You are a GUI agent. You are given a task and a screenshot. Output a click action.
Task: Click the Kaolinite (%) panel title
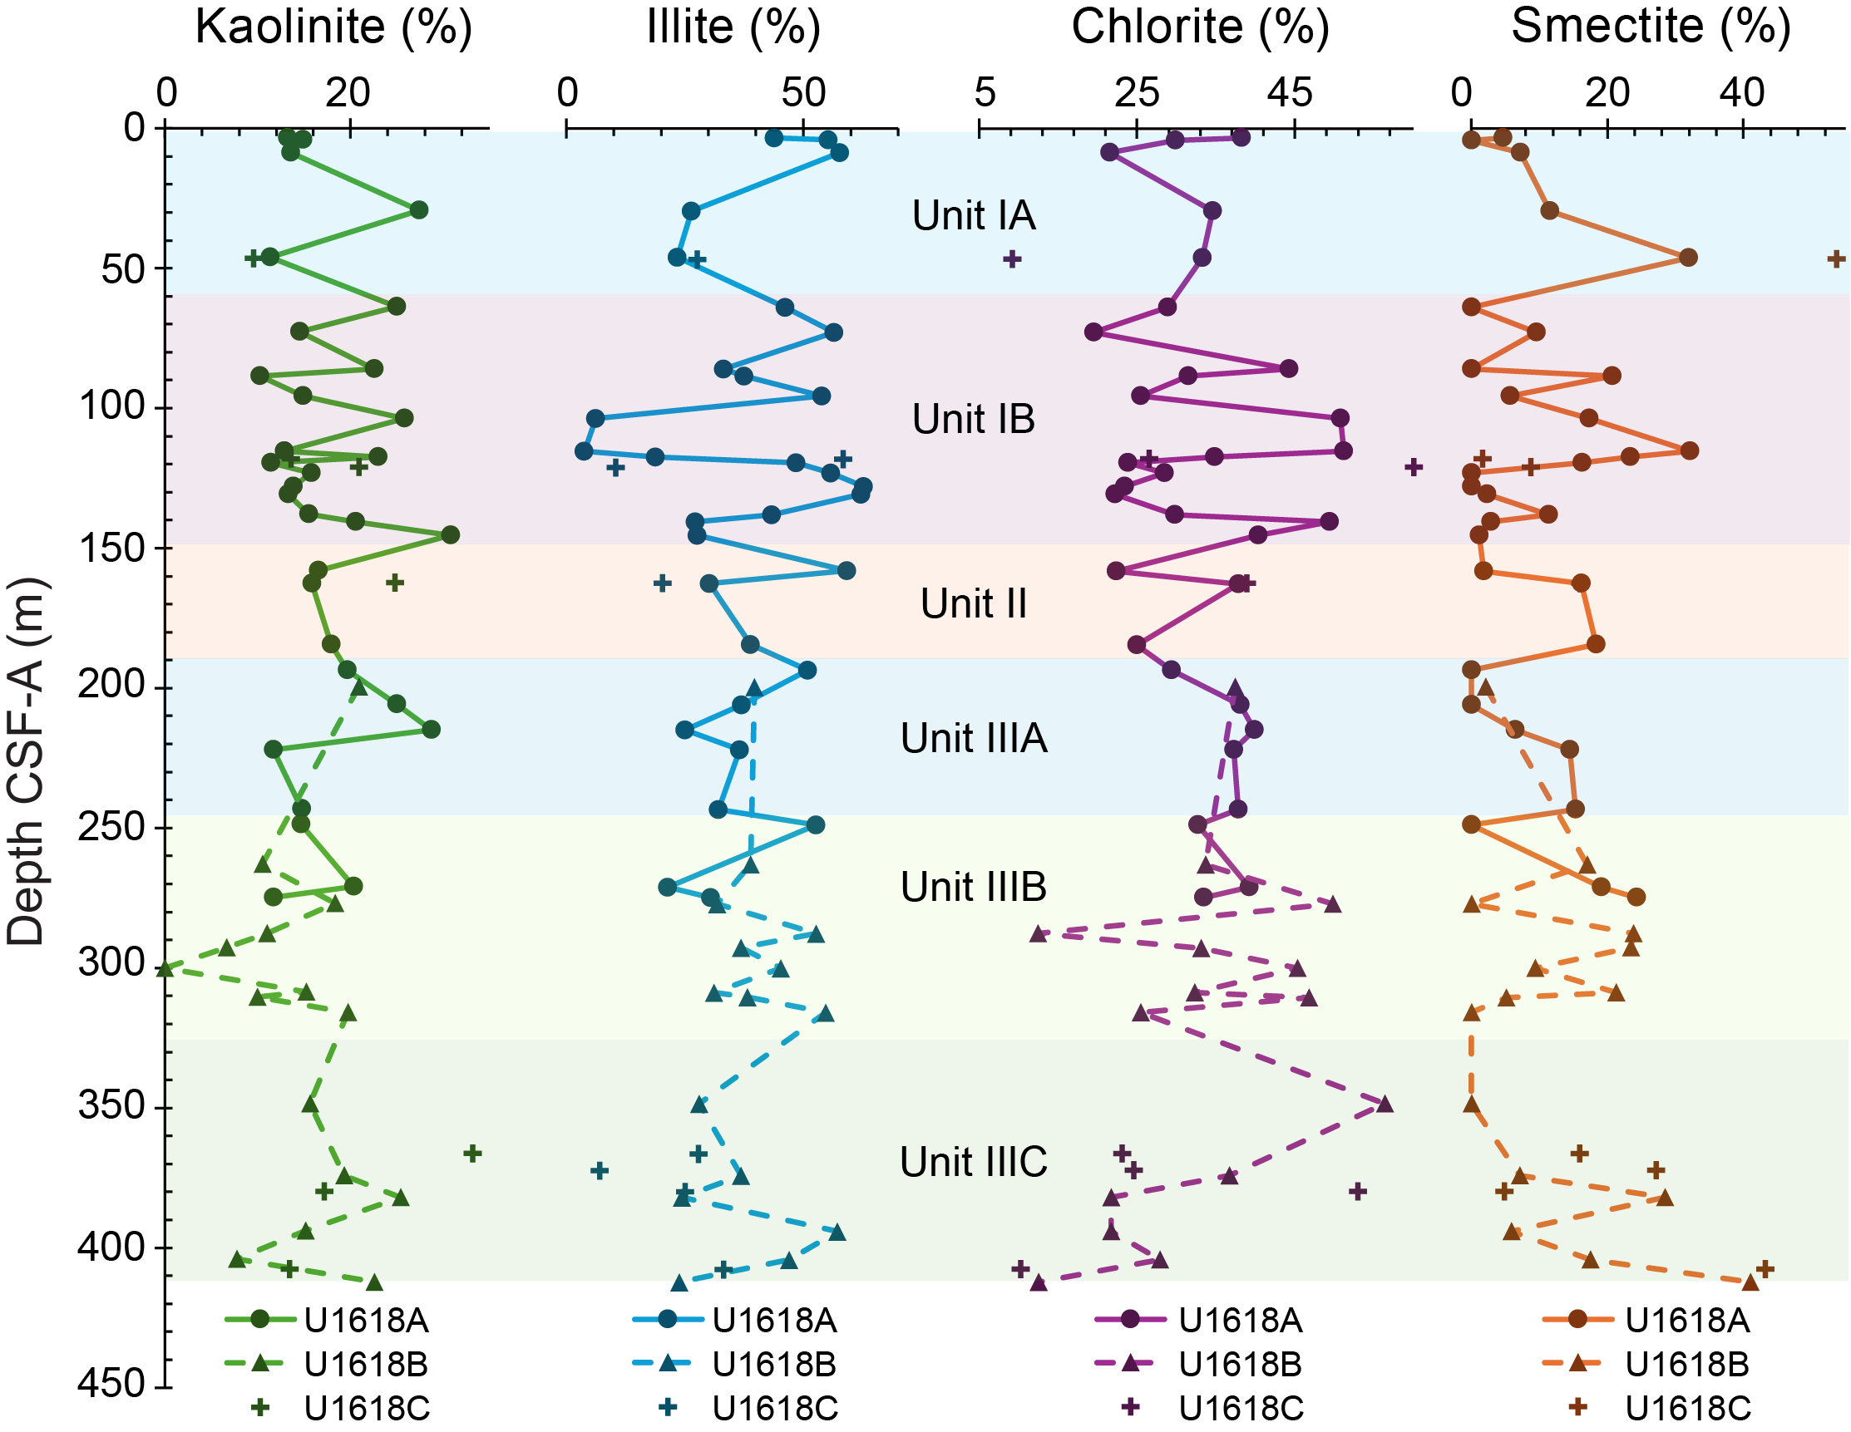point(333,27)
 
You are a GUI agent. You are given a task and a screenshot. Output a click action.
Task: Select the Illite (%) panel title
point(733,27)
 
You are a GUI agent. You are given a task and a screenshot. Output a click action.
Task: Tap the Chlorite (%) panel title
point(1200,27)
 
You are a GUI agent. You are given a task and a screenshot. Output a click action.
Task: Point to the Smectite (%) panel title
point(1651,27)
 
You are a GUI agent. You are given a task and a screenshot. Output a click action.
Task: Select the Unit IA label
point(974,215)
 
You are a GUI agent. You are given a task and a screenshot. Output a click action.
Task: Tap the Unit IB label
point(974,419)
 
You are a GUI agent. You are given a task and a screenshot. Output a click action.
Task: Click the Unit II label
point(974,604)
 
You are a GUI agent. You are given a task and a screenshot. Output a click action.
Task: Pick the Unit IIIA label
point(974,738)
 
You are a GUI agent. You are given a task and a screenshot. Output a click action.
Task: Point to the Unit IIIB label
point(974,887)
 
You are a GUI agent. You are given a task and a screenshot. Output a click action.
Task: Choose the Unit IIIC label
point(974,1162)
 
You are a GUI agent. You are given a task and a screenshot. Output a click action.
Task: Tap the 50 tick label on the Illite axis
point(803,92)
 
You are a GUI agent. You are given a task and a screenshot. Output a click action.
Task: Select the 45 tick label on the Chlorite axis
point(1290,92)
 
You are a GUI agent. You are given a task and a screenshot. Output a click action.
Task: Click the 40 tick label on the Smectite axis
point(1743,92)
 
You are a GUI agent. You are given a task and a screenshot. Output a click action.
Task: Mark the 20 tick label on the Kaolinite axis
point(348,92)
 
